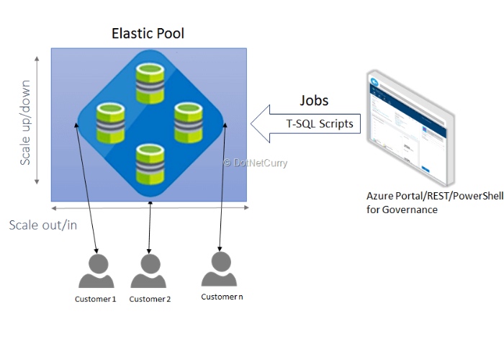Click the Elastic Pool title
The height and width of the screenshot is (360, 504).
tap(148, 33)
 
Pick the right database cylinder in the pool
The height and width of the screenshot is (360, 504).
tap(191, 122)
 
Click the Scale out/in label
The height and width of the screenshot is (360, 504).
tap(42, 225)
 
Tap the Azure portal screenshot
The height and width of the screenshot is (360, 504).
tap(409, 130)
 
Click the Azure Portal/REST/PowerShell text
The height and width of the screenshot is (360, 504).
tap(434, 196)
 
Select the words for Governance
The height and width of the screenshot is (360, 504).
tap(402, 210)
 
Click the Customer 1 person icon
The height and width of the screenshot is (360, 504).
tap(96, 272)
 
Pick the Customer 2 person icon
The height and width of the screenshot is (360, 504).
tap(149, 272)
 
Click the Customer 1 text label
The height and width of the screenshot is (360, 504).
tap(96, 299)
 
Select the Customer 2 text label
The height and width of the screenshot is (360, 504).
tap(150, 299)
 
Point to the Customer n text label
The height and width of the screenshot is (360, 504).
tap(222, 297)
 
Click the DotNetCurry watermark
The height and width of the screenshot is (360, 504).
tap(256, 163)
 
